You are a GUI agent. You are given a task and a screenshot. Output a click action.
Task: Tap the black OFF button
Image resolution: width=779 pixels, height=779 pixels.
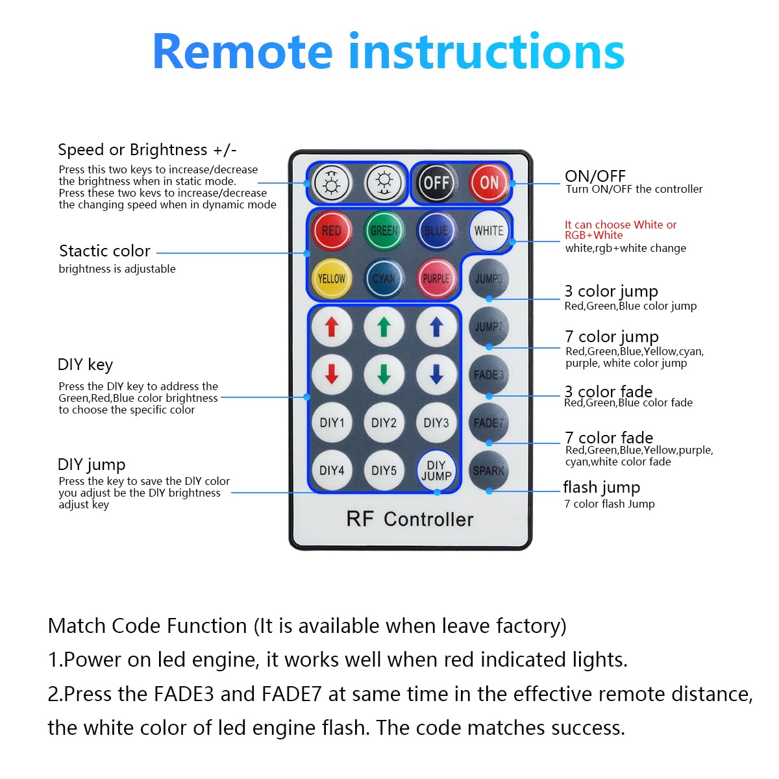(x=436, y=183)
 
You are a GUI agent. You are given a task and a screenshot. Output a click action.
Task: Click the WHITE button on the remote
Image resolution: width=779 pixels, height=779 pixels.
(x=488, y=230)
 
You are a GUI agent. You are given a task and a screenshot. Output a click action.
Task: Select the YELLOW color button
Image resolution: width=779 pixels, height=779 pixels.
(x=331, y=278)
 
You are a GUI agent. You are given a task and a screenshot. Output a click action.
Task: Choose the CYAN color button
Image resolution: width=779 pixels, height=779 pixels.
(x=384, y=278)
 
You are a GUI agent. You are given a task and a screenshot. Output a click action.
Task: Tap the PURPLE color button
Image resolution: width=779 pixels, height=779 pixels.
(x=436, y=278)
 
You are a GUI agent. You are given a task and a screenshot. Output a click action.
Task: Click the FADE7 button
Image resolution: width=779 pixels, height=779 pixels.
(x=488, y=423)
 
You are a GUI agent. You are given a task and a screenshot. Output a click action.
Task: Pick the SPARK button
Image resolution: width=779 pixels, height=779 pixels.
(x=488, y=471)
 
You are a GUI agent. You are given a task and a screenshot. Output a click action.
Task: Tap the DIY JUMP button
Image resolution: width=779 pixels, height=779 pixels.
(x=436, y=471)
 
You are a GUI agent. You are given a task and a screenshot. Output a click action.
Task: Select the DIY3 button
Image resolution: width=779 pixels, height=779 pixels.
(x=436, y=423)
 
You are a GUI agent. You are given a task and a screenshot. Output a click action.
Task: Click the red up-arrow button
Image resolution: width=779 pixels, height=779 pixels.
(x=332, y=327)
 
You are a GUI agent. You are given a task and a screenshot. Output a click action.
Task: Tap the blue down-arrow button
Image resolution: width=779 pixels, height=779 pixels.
(x=436, y=375)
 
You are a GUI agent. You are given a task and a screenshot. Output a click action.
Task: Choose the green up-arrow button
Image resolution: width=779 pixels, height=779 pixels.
(x=384, y=327)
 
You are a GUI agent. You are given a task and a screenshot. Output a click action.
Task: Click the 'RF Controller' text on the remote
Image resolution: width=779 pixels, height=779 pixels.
(x=410, y=519)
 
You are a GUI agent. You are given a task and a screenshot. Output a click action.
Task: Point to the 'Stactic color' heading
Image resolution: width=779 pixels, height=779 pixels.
(x=105, y=251)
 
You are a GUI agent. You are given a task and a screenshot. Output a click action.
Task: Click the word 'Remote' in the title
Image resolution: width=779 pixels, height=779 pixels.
(x=243, y=52)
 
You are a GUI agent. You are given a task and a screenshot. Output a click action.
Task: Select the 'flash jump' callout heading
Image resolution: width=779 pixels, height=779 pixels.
(x=601, y=487)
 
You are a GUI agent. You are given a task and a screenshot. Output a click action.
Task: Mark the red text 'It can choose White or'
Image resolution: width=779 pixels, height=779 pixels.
(x=621, y=225)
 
